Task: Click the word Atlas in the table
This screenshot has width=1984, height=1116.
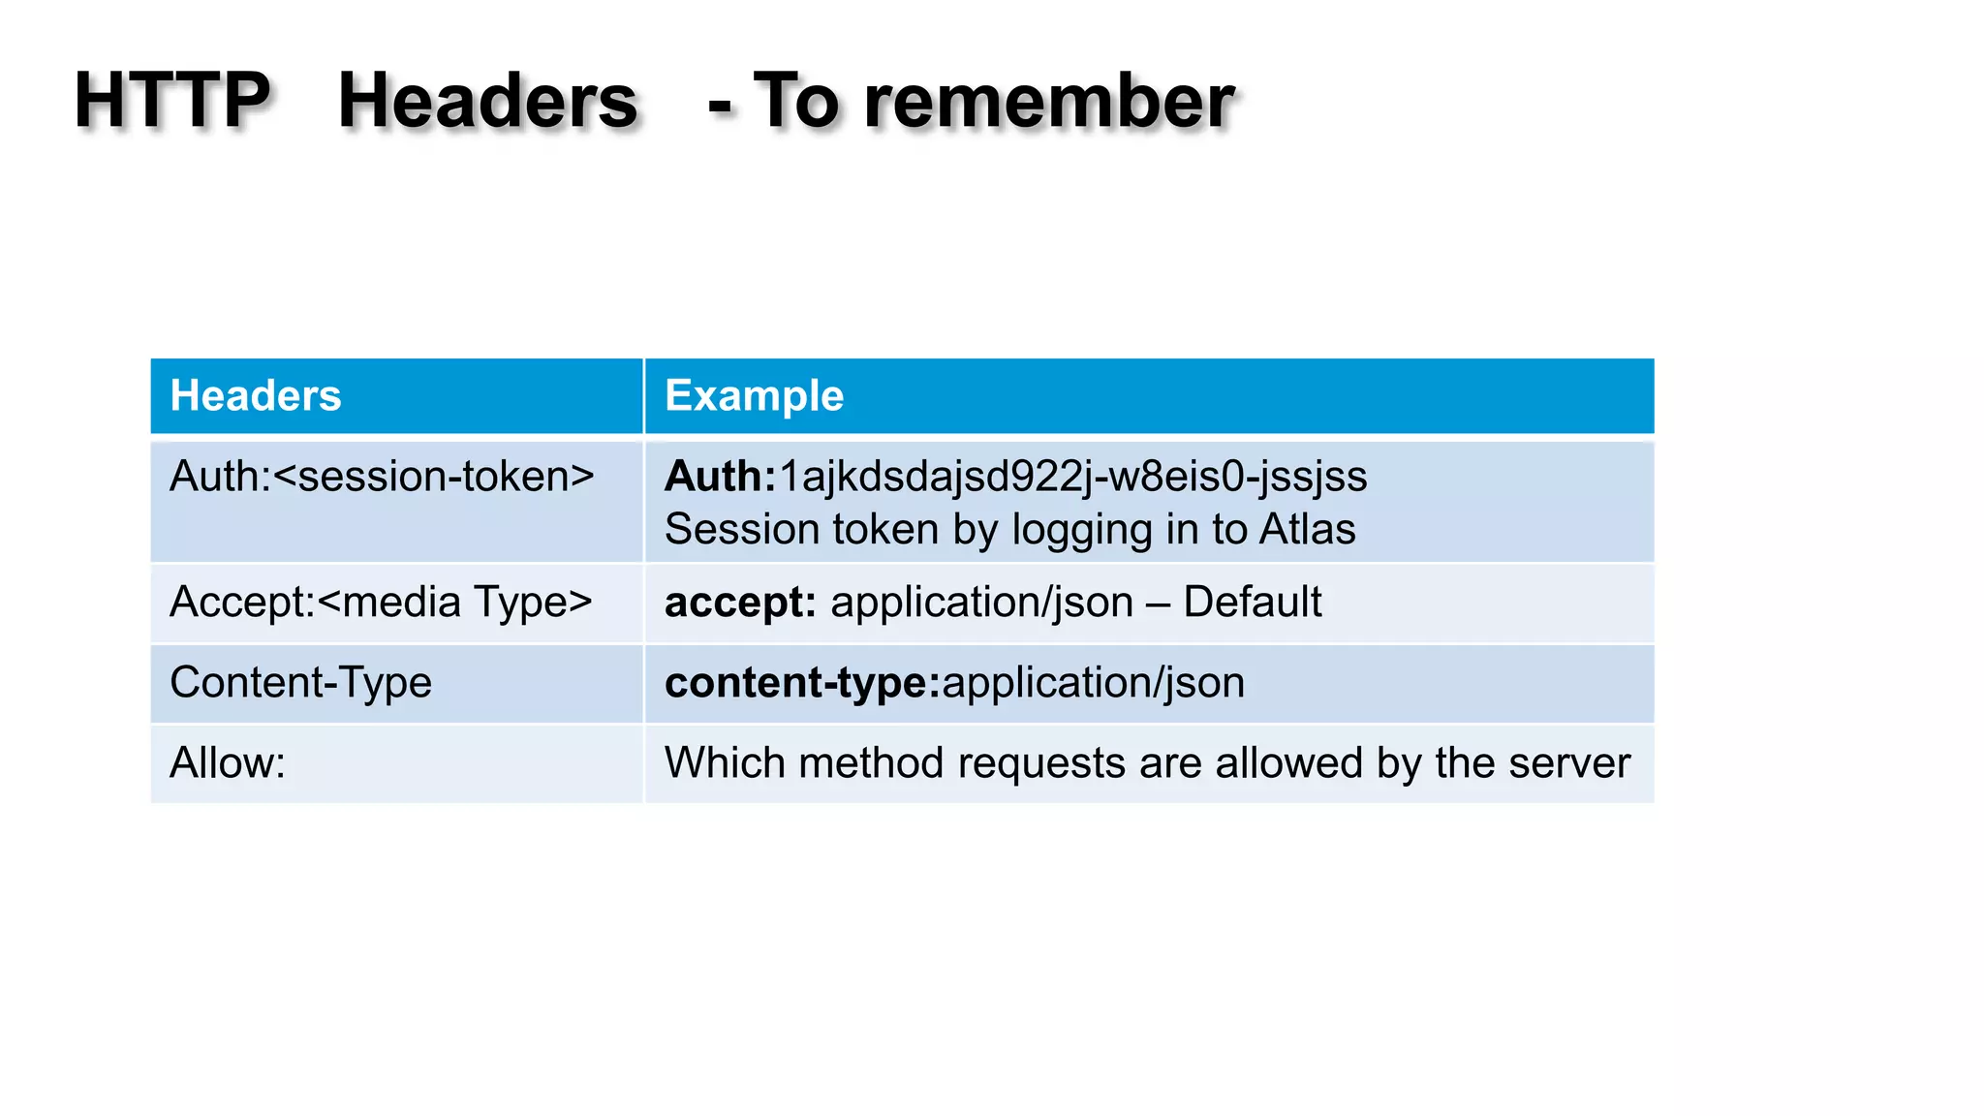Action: (1307, 530)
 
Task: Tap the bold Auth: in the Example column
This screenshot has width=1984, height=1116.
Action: (720, 477)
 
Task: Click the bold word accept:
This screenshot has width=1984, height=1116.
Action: (740, 603)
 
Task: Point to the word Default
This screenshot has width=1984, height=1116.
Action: (1252, 603)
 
